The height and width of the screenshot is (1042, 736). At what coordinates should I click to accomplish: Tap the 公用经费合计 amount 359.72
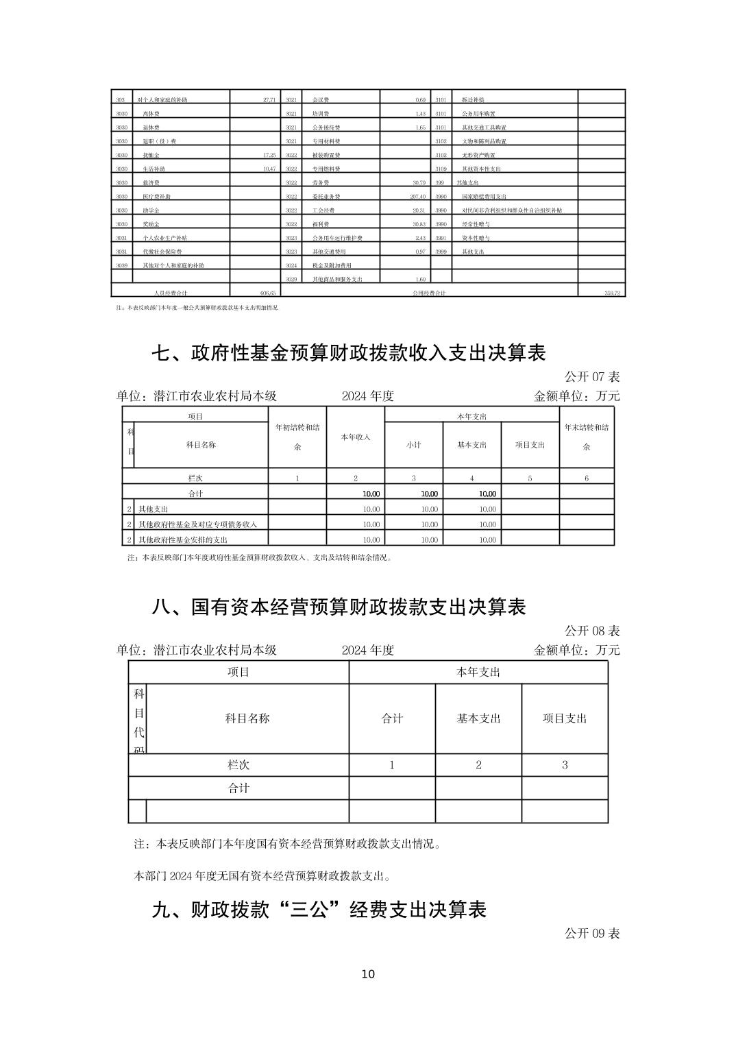(612, 293)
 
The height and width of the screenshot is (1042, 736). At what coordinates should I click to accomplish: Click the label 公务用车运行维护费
(337, 238)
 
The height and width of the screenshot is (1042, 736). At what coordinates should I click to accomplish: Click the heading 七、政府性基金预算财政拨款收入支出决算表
(348, 353)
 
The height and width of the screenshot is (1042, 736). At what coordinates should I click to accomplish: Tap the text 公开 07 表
(592, 377)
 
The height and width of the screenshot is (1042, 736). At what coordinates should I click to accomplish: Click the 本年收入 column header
(356, 437)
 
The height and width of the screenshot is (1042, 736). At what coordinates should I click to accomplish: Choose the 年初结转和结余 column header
(297, 437)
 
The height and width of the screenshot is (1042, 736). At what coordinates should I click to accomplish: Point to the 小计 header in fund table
(413, 445)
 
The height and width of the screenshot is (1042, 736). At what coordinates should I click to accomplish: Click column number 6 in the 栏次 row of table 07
(587, 478)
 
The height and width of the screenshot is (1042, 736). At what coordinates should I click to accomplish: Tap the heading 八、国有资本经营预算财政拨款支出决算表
(339, 607)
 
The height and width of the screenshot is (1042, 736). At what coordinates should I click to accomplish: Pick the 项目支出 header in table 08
(565, 718)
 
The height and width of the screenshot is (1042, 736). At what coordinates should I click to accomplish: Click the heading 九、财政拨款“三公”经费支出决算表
(319, 910)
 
